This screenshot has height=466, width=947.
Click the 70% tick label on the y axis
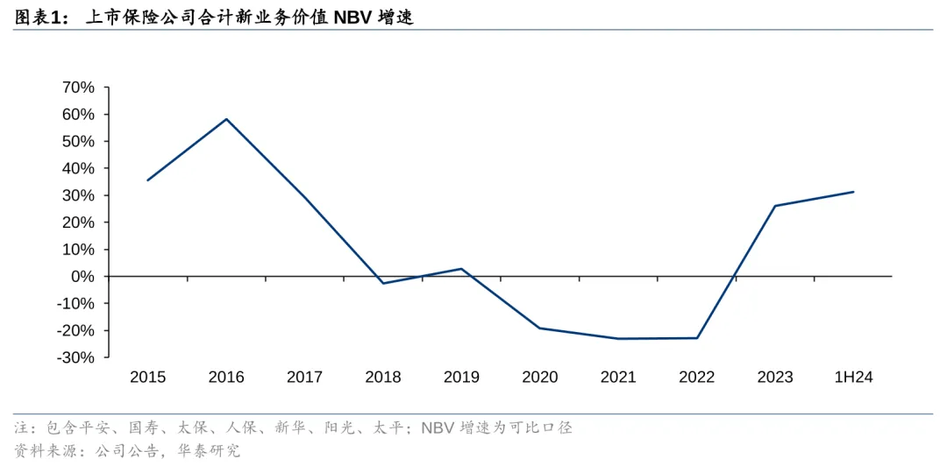76,88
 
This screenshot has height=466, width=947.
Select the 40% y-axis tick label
76,168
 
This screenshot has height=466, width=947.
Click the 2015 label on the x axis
147,378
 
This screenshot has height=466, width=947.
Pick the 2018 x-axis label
383,378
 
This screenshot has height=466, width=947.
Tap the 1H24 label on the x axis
854,378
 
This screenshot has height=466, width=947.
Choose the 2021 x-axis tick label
618,378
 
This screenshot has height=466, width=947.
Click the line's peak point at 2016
226,119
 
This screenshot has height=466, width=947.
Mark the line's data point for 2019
462,269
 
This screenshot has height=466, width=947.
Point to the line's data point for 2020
540,328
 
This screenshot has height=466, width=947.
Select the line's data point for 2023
775,206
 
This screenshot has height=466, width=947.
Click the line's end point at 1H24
853,192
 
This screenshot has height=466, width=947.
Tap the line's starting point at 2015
147,180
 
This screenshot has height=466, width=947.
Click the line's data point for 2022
697,338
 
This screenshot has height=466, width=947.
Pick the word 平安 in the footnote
94,428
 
